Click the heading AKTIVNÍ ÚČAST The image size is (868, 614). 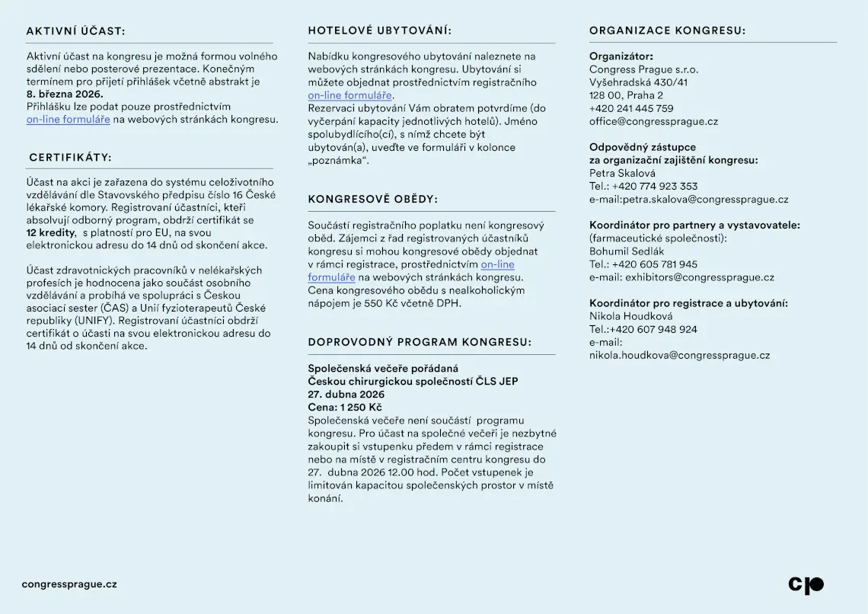[75, 31]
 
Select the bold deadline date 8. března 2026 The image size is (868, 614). [65, 94]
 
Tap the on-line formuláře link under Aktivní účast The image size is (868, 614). [69, 120]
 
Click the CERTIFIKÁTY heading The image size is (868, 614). [70, 158]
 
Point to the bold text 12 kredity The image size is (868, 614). [51, 232]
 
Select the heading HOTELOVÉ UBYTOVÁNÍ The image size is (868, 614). [379, 31]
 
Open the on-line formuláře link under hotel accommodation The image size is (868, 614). [350, 95]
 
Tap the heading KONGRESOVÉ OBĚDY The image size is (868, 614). [372, 200]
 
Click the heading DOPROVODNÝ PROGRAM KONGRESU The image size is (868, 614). [420, 343]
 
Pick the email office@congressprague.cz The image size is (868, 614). [653, 121]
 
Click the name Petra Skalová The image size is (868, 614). [622, 173]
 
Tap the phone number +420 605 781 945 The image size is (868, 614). [654, 264]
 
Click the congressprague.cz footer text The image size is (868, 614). [69, 584]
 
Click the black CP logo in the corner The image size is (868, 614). [806, 585]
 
